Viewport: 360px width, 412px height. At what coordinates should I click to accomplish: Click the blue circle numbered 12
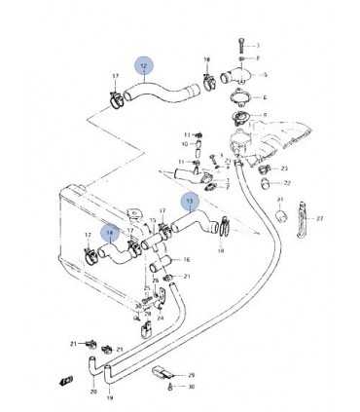point(144,66)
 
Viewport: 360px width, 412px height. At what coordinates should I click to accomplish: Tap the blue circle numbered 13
point(190,202)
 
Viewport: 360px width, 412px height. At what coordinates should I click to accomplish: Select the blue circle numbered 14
point(111,234)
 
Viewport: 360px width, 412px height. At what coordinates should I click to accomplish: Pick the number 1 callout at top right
point(258,45)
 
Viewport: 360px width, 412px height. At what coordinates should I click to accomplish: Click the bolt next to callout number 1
point(238,45)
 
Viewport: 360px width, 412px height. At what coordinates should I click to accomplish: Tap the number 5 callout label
point(266,75)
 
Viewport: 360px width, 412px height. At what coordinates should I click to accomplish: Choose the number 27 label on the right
point(320,218)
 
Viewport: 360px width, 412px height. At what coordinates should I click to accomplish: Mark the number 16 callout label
point(187,260)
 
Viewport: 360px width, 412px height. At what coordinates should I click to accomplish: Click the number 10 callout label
point(184,144)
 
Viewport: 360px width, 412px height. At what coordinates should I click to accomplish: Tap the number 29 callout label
point(192,375)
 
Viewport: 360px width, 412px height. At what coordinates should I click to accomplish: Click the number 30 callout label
point(192,387)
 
